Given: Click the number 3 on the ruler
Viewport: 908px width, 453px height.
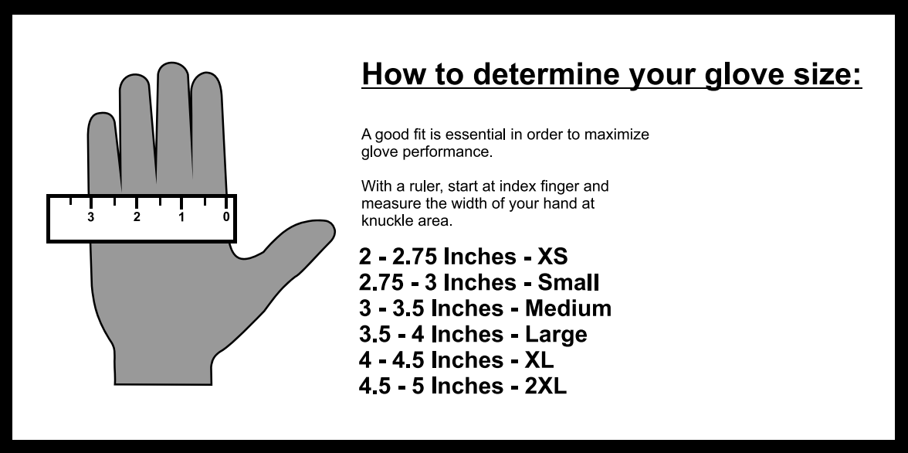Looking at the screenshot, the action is click(x=91, y=217).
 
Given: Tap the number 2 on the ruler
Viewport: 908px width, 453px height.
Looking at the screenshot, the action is click(x=137, y=217).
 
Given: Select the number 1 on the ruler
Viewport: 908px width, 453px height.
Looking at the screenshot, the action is click(x=181, y=217).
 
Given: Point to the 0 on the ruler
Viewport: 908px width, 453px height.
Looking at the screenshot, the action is click(x=225, y=217).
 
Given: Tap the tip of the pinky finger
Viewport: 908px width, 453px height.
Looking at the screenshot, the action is click(x=102, y=114).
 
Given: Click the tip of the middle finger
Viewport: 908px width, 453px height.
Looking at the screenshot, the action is click(x=173, y=63).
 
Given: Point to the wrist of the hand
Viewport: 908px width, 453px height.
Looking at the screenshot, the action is click(x=164, y=371).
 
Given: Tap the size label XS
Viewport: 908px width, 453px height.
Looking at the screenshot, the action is click(x=553, y=257).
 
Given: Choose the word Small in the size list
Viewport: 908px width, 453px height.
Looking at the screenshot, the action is click(x=568, y=282).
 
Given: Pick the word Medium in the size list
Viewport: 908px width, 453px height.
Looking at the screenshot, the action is click(x=568, y=308).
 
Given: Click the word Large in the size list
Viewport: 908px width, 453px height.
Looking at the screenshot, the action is click(x=556, y=335).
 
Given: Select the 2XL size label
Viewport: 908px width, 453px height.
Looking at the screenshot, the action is click(x=545, y=386).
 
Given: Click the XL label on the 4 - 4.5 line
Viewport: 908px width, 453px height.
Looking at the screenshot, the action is click(x=539, y=360).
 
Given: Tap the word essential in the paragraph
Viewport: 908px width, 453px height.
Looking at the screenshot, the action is click(x=476, y=135).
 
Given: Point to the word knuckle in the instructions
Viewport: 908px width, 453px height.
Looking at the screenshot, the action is click(x=386, y=221).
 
